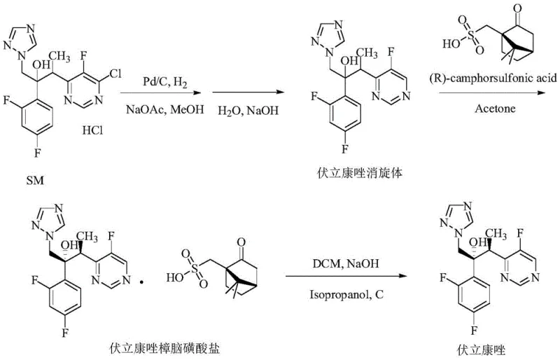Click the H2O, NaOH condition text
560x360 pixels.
(x=230, y=111)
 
